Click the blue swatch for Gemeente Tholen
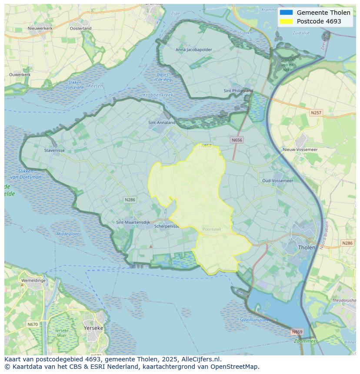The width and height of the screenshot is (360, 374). tap(286, 13)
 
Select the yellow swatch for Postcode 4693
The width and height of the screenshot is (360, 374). tap(286, 21)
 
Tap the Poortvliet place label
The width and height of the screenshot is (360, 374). tap(212, 230)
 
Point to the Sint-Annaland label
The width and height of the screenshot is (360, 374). tap(162, 122)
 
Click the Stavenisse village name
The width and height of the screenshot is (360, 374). tap(54, 151)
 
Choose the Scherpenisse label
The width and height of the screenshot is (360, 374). tap(167, 226)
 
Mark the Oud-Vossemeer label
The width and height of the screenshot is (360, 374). tap(277, 181)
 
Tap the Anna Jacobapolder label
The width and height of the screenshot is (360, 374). tap(194, 50)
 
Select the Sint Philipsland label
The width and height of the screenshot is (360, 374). tap(238, 91)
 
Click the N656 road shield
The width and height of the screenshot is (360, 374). tap(237, 140)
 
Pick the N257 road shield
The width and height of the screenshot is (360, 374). tap(316, 113)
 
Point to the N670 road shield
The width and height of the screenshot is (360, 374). tap(33, 324)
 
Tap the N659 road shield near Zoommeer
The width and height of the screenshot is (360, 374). tap(297, 332)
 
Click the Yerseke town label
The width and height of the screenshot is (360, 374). tap(93, 328)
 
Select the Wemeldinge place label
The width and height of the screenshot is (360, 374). tap(33, 281)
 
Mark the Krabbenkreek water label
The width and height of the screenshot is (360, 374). tap(158, 95)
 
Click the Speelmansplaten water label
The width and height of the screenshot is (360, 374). tap(255, 320)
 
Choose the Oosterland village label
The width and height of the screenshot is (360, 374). tap(80, 28)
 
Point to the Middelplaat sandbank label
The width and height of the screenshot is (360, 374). tap(68, 234)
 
